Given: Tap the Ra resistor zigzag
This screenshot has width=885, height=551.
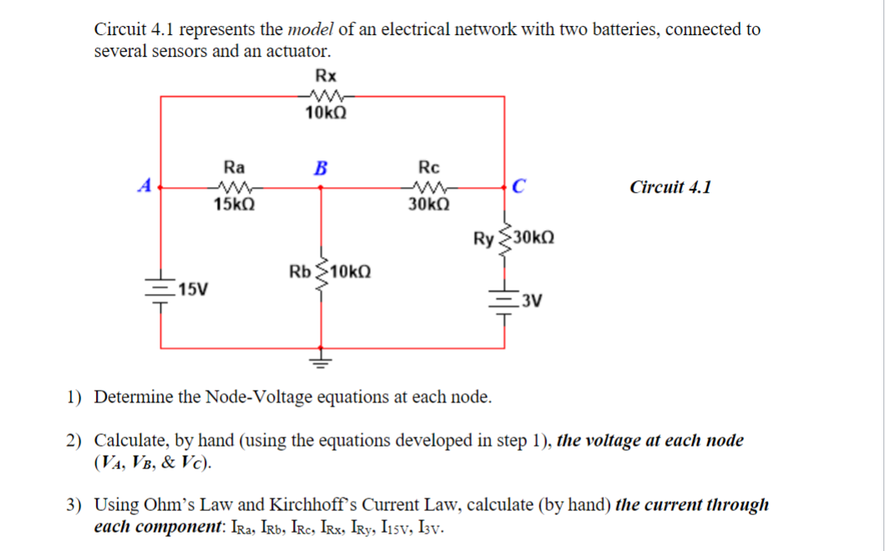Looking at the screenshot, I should point(229,187).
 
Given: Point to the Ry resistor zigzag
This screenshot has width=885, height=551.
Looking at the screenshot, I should point(504,240).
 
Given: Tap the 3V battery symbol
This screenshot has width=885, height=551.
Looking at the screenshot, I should point(504,301).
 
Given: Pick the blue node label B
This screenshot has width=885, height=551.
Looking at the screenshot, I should point(321,166).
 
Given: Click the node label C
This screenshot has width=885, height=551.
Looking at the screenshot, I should point(518,186).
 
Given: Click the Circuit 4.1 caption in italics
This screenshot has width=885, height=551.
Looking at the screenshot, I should point(670,187).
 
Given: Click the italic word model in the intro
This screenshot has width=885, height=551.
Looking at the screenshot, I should point(311,30).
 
